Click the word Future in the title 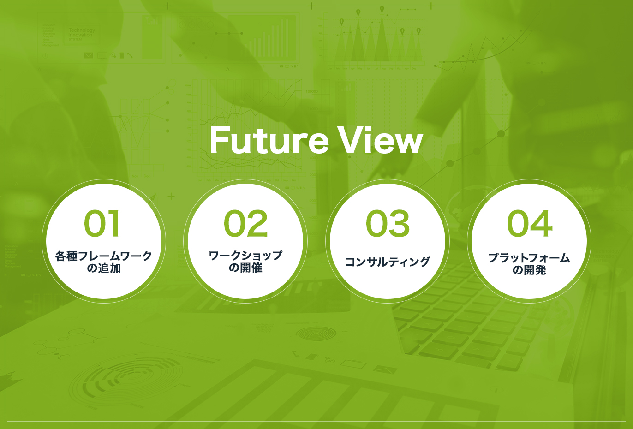pos(269,140)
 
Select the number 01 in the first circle pos(102,223)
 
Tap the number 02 pos(245,223)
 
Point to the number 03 pos(388,223)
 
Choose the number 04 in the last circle pos(529,223)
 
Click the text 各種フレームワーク pos(104,256)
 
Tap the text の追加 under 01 pos(104,268)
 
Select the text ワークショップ pos(245,256)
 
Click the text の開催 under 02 pos(245,268)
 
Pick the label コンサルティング pos(388,262)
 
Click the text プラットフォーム pos(529,258)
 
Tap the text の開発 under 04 pos(529,270)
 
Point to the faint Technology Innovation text pos(81,32)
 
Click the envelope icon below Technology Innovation pos(89,55)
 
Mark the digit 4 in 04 pos(541,223)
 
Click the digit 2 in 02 pos(257,223)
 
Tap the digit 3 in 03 pos(399,223)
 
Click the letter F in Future pos(219,140)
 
